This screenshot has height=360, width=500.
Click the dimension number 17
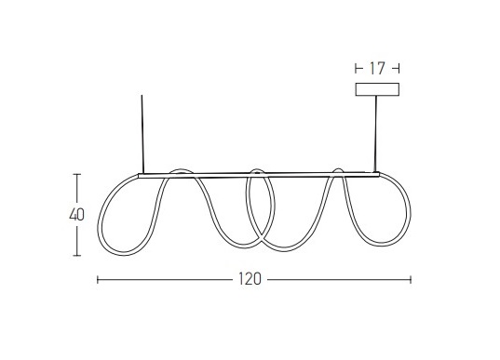pyautogui.click(x=377, y=69)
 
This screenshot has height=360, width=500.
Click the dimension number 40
pyautogui.click(x=77, y=215)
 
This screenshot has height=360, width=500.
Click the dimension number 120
pyautogui.click(x=250, y=279)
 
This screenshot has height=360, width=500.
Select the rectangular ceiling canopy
pyautogui.click(x=377, y=89)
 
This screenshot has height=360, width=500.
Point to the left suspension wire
pyautogui.click(x=142, y=134)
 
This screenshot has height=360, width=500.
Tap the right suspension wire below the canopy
pyautogui.click(x=375, y=134)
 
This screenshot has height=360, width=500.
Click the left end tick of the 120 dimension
pyautogui.click(x=97, y=280)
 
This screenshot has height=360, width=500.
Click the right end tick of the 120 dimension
pyautogui.click(x=411, y=280)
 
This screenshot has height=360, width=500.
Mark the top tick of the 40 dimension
pyautogui.click(x=77, y=174)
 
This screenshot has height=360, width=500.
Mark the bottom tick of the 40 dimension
pyautogui.click(x=77, y=255)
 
